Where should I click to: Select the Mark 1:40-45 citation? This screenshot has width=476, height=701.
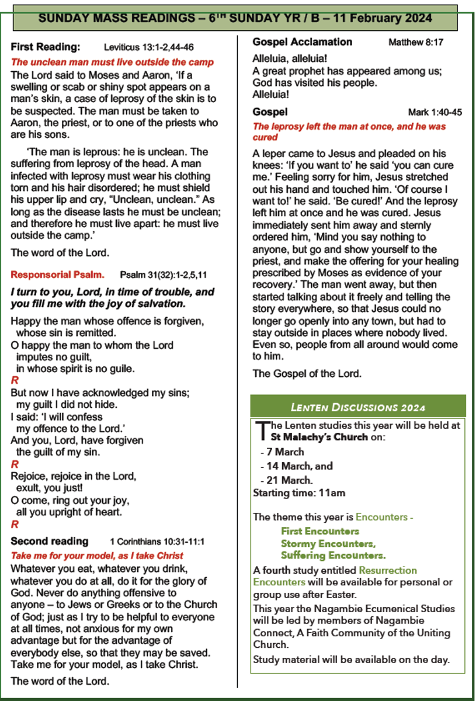click(x=435, y=112)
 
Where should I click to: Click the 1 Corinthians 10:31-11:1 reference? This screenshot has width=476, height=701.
click(x=157, y=542)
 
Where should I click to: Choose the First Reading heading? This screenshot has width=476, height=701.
click(x=46, y=47)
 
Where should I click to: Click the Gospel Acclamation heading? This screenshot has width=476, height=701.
click(x=302, y=42)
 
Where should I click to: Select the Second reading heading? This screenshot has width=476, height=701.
click(x=50, y=541)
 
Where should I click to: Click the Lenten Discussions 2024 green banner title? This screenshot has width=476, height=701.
click(x=357, y=407)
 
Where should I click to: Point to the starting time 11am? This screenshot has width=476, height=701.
click(x=331, y=493)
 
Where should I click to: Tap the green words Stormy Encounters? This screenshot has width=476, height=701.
click(x=328, y=543)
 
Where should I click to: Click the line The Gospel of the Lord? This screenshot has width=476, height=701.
click(x=307, y=373)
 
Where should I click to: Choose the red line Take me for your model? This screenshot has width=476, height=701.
click(x=97, y=556)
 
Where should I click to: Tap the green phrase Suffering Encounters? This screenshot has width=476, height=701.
click(x=333, y=556)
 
